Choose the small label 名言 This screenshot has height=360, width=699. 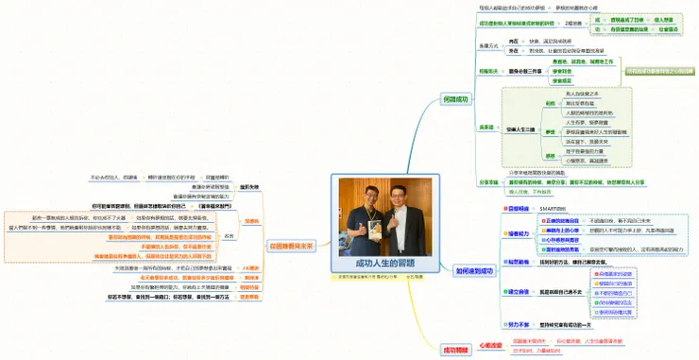tap(253, 236)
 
